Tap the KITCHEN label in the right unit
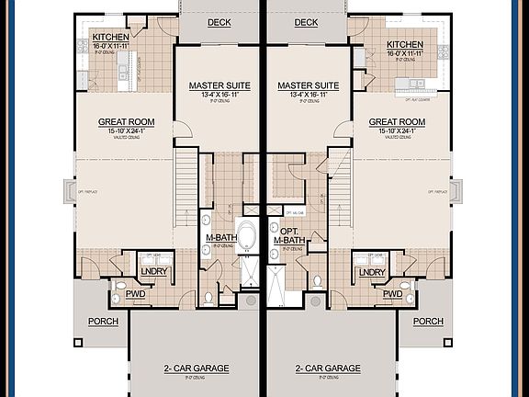coord(404,44)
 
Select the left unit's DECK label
coord(219,23)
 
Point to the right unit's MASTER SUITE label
coord(309,85)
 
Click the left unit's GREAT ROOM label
coord(127,122)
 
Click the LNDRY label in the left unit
coord(152,272)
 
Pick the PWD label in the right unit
coord(393,294)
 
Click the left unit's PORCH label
coord(102,322)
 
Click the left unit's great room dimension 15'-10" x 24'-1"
coord(127,133)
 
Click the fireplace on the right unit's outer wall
coord(459,192)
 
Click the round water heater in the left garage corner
coord(252,301)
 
